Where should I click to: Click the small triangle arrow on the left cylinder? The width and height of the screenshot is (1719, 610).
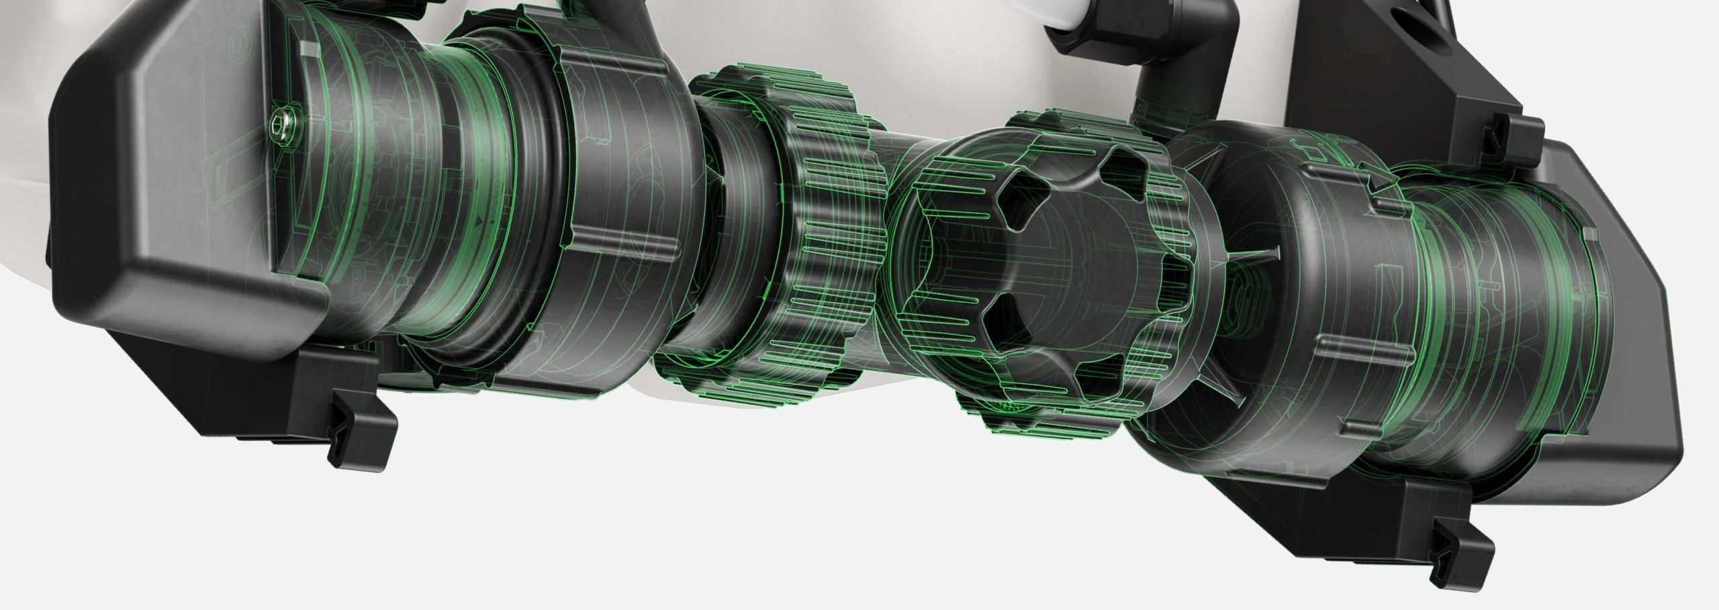[x=479, y=237]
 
